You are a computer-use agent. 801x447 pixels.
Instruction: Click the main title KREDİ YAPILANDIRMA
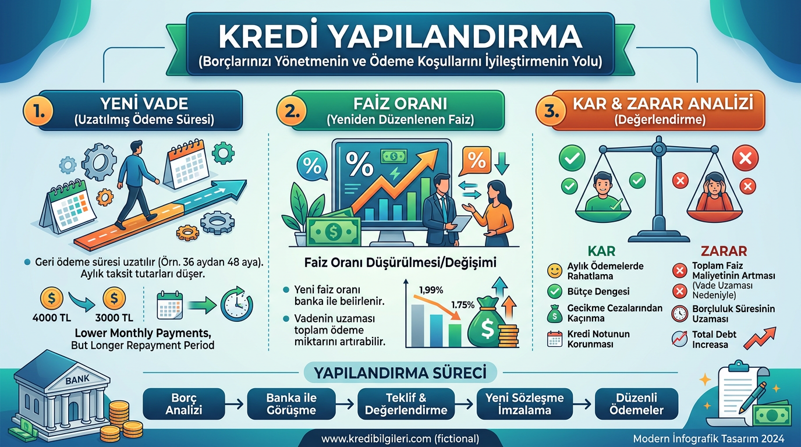(400, 37)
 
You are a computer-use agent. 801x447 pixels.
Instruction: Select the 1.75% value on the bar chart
(462, 304)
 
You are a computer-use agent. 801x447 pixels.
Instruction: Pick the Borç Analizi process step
(183, 404)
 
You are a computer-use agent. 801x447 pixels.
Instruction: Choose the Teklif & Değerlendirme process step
(406, 404)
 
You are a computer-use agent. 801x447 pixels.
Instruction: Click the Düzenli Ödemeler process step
(636, 404)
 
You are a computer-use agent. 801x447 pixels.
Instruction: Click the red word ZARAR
(724, 251)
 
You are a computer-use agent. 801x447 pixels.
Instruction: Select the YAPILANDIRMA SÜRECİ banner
(400, 372)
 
